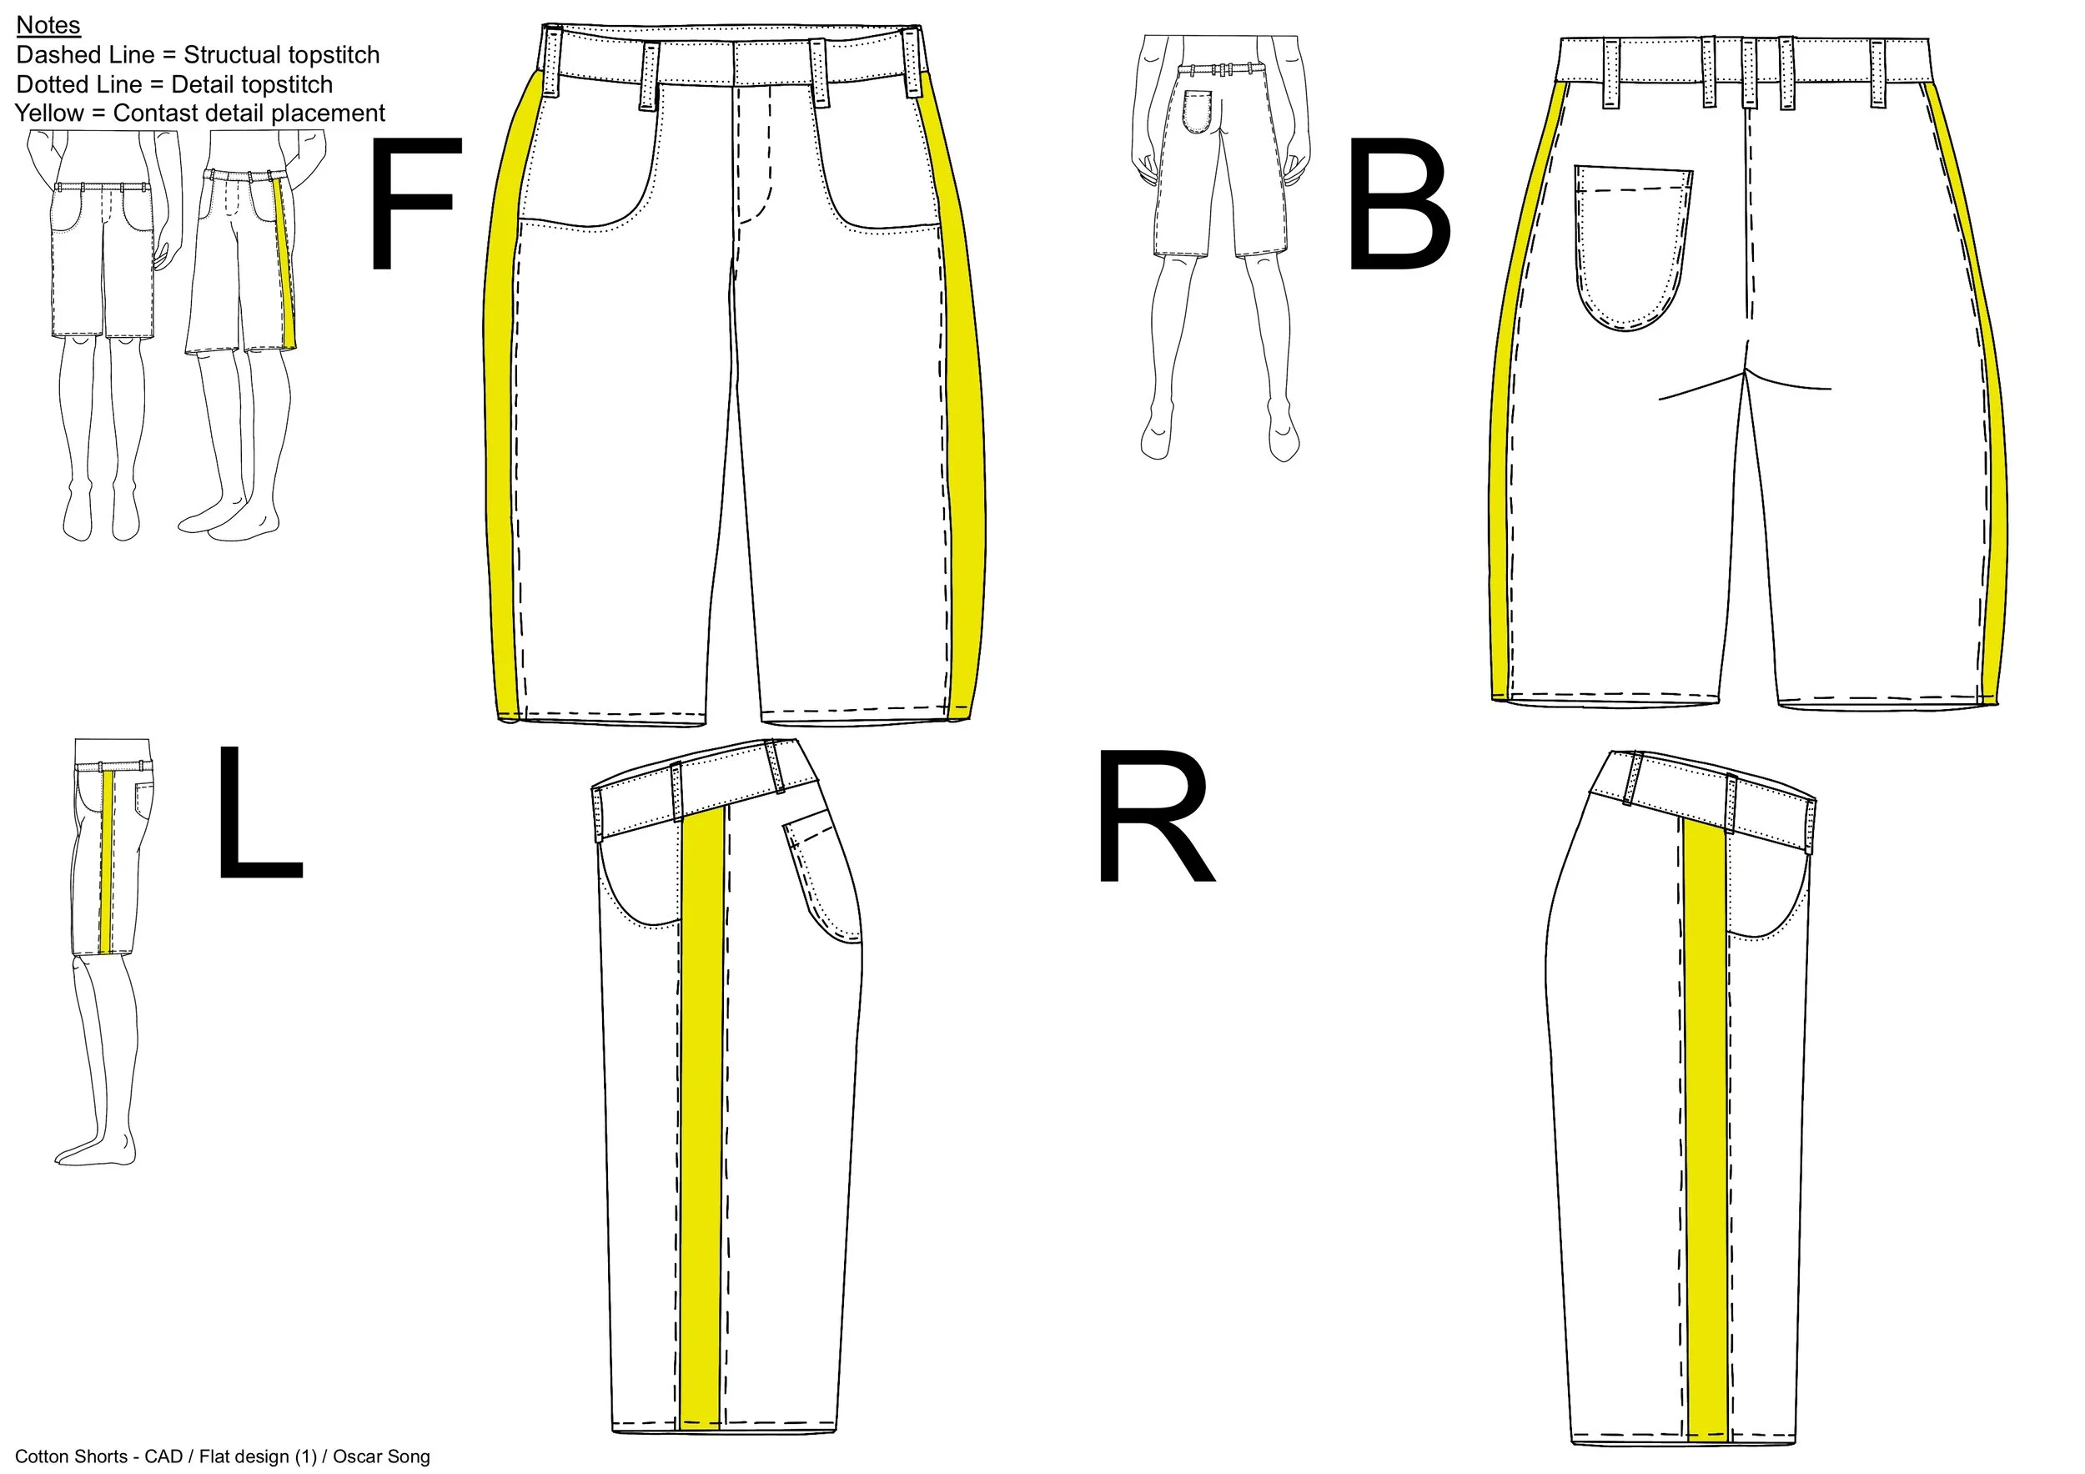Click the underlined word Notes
tap(48, 25)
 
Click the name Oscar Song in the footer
tap(381, 1456)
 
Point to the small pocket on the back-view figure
tap(1199, 111)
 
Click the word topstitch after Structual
tap(327, 55)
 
